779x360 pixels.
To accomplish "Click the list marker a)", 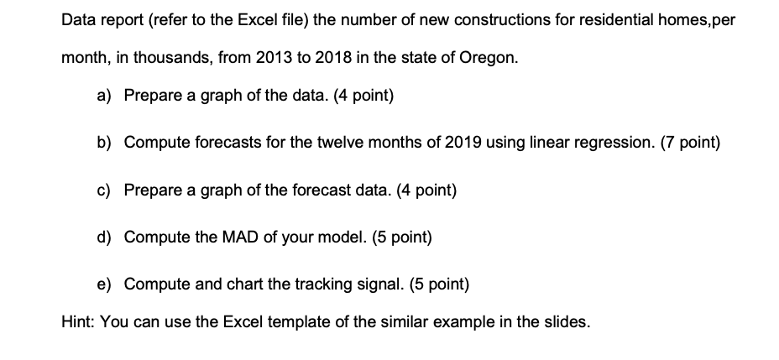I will (104, 95).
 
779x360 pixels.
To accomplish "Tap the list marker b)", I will (104, 142).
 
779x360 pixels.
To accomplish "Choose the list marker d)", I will (104, 237).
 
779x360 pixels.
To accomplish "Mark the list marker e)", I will (104, 284).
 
